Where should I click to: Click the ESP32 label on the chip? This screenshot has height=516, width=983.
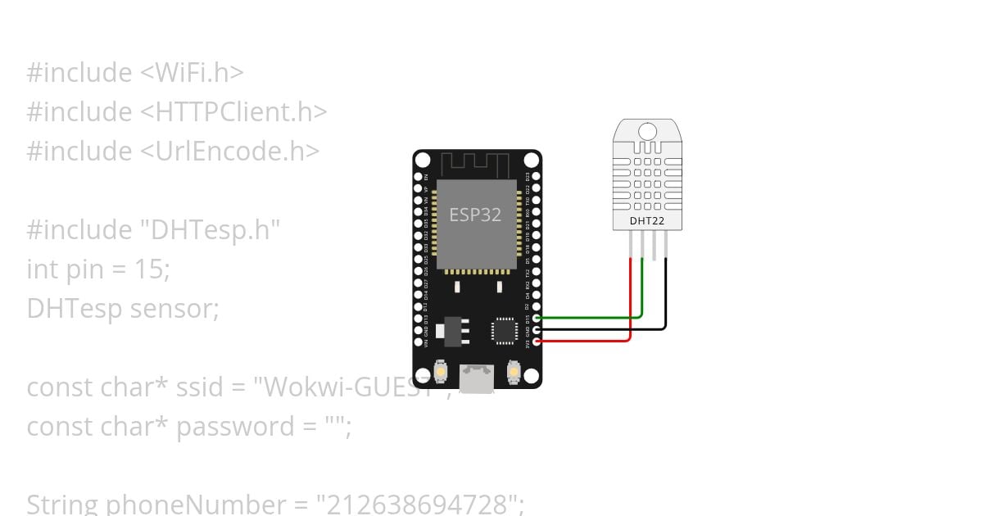point(475,215)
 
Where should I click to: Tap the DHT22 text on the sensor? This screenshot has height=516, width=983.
point(647,220)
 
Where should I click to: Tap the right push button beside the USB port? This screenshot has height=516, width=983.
point(514,371)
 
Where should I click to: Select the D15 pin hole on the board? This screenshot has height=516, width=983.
point(537,318)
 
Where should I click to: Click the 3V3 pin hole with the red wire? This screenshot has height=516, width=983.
point(537,341)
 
